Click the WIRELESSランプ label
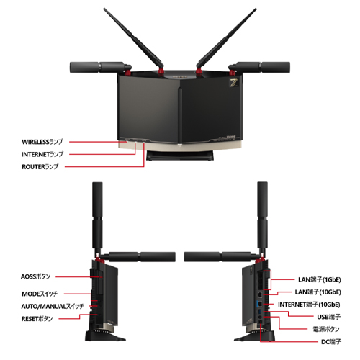click(42, 142)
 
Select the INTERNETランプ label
click(42, 154)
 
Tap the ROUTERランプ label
click(40, 166)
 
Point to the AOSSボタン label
click(35, 276)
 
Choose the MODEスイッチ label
click(40, 294)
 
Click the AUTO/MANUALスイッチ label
click(53, 306)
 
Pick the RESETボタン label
click(37, 319)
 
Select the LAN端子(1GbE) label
click(320, 279)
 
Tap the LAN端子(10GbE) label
click(318, 292)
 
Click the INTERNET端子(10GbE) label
click(309, 305)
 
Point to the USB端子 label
click(329, 317)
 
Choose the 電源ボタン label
click(326, 329)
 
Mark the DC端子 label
click(331, 341)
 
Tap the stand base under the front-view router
click(180, 156)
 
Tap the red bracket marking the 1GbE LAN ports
click(271, 280)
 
